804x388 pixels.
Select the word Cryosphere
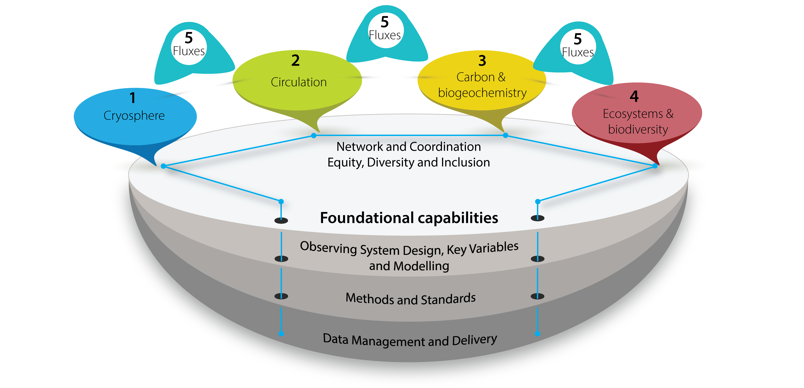[x=134, y=116]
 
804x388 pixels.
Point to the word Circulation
[x=299, y=82]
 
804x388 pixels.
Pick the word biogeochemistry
[x=482, y=93]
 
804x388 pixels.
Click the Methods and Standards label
[x=411, y=299]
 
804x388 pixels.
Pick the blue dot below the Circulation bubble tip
[x=314, y=135]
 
